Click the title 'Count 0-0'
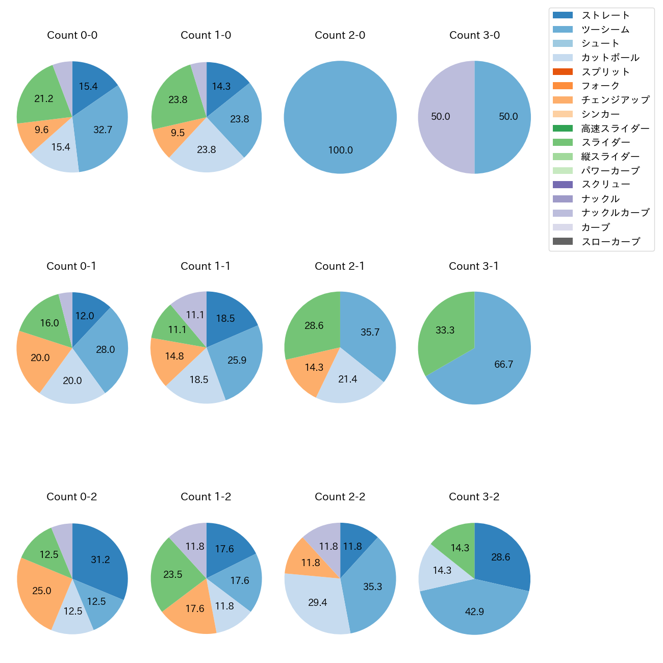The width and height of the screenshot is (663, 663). (72, 35)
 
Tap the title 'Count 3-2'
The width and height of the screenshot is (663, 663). (474, 497)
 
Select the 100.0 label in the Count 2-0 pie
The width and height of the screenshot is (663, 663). (340, 150)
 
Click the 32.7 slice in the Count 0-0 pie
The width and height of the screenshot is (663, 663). (102, 130)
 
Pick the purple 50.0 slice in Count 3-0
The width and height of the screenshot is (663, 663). (441, 117)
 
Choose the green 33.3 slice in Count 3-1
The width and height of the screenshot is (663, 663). (445, 330)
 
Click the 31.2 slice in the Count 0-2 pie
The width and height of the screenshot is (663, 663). (100, 559)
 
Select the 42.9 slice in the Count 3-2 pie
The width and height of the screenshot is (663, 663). (474, 611)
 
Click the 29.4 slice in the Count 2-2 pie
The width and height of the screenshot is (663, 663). (317, 603)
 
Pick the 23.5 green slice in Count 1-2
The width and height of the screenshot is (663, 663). (172, 575)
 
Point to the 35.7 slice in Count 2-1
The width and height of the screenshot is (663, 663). (370, 333)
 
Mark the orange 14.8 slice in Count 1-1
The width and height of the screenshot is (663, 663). (174, 356)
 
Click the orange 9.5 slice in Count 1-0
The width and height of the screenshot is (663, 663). (177, 133)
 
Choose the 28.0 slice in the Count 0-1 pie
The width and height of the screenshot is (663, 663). (105, 349)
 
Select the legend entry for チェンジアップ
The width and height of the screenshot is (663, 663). (615, 100)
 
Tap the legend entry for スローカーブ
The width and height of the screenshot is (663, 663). (610, 242)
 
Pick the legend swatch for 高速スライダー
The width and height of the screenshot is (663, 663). (563, 129)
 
